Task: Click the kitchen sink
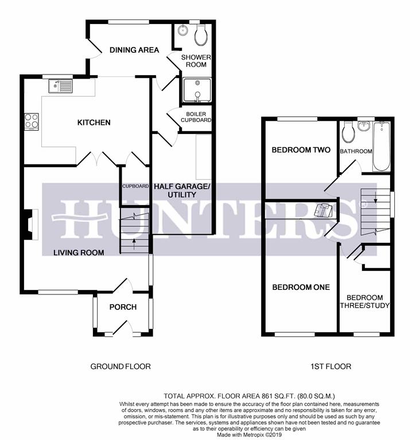click(60, 86)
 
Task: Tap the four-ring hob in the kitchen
click(32, 121)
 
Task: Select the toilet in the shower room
click(201, 34)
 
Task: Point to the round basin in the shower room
click(183, 30)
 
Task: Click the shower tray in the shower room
click(197, 90)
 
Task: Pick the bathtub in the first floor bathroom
click(382, 147)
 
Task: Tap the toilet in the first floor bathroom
click(348, 132)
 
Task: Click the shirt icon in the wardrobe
click(323, 210)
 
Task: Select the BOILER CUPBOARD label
click(196, 117)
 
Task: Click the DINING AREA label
click(134, 50)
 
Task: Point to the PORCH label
click(123, 307)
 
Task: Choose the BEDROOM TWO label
click(301, 150)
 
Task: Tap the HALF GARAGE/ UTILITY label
click(182, 191)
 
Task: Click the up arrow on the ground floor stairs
click(134, 244)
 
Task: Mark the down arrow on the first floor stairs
click(375, 198)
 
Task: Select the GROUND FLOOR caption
click(120, 367)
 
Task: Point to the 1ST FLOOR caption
click(331, 367)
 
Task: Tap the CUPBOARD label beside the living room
click(135, 186)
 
